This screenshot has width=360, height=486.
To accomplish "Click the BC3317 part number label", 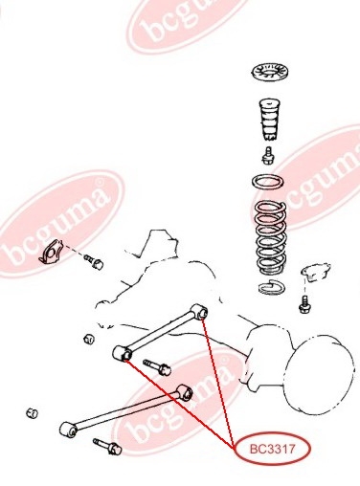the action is point(272,450).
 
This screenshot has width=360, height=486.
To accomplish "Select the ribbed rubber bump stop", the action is point(269,120).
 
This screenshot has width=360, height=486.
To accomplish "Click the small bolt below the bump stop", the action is point(269,155).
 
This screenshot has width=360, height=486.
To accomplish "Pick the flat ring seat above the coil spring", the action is point(268,183).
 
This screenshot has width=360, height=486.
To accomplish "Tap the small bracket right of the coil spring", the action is point(316,272).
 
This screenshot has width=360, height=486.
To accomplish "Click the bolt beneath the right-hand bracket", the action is point(304,304).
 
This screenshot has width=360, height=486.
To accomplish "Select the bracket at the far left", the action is point(51,253).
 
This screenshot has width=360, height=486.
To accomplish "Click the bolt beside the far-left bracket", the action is point(94,261).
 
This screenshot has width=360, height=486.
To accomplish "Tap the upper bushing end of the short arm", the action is point(199,311).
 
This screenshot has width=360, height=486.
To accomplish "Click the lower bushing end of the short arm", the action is point(123,353).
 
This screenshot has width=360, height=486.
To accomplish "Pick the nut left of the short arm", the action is point(89,339).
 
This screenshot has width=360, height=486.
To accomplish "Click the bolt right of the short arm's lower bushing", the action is point(157,367).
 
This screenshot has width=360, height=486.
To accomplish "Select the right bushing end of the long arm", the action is point(185,392).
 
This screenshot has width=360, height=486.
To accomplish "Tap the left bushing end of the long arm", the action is point(68,430).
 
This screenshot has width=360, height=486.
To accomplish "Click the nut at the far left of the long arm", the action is point(32,413).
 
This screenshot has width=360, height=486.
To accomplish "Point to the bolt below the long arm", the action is point(107,447).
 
